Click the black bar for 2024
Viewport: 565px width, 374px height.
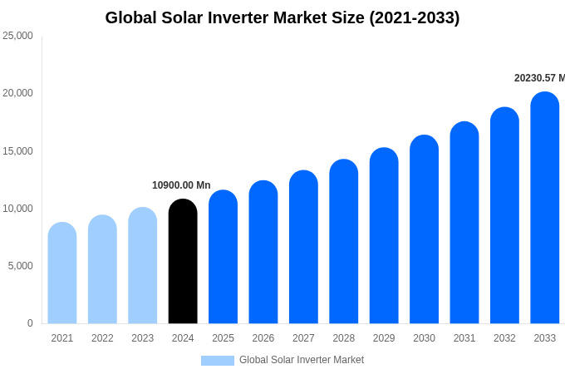coord(183,262)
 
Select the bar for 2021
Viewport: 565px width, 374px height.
coord(62,273)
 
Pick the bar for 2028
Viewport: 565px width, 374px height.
coord(344,242)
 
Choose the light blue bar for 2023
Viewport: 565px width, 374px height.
coord(143,266)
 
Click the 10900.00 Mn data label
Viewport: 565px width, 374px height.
coord(181,185)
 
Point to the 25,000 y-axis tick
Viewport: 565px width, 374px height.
coord(17,36)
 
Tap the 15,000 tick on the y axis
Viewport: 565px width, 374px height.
coord(17,150)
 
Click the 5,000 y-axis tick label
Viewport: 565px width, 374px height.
coord(20,266)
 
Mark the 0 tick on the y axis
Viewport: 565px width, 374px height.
coord(30,323)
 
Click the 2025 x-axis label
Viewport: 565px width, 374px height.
coord(223,338)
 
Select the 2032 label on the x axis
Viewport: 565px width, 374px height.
coord(504,338)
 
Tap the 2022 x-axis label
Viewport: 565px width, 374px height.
coord(102,338)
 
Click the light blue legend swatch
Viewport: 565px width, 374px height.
coord(218,361)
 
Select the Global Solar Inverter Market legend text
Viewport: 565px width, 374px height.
coord(302,360)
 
